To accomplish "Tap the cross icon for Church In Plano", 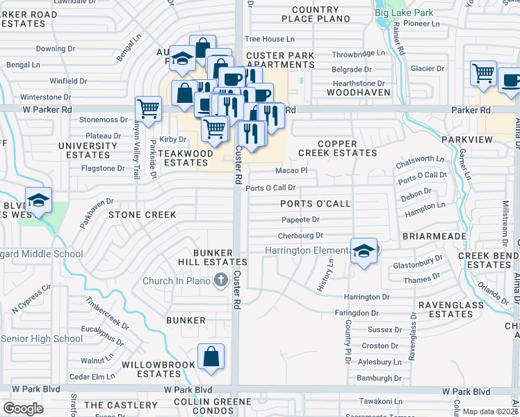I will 221,281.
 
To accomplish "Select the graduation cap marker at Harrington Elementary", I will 364,252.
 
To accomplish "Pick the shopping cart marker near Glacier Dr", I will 483,72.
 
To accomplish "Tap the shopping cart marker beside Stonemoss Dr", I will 148,108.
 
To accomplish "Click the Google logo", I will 23,409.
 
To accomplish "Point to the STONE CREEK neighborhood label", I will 142,215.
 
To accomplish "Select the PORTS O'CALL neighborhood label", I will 315,204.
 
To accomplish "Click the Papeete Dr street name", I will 300,219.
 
